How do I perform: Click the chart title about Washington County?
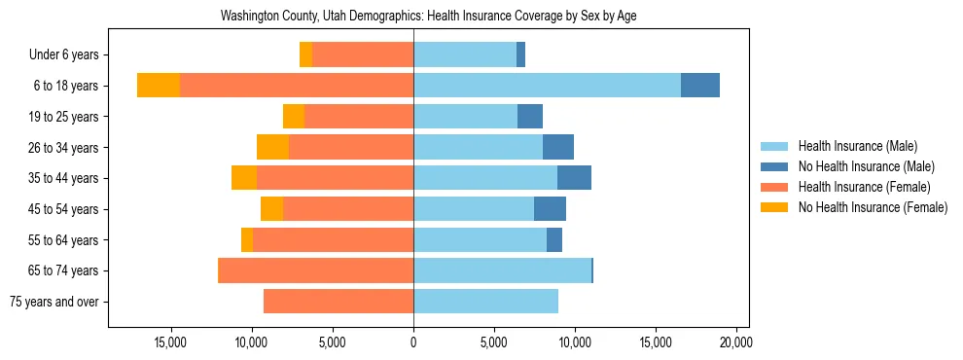(428, 16)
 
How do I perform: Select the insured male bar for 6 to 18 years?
(547, 86)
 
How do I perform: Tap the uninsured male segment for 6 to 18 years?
(700, 86)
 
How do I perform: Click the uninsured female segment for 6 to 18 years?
(159, 86)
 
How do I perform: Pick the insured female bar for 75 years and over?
(339, 302)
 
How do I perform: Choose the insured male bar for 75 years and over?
(485, 302)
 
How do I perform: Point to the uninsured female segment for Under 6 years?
(305, 54)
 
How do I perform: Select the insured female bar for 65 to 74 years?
(316, 270)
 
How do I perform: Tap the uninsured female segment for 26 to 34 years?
(272, 147)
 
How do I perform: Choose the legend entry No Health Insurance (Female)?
(872, 207)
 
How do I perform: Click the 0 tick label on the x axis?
(413, 342)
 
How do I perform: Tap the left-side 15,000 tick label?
(170, 342)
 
